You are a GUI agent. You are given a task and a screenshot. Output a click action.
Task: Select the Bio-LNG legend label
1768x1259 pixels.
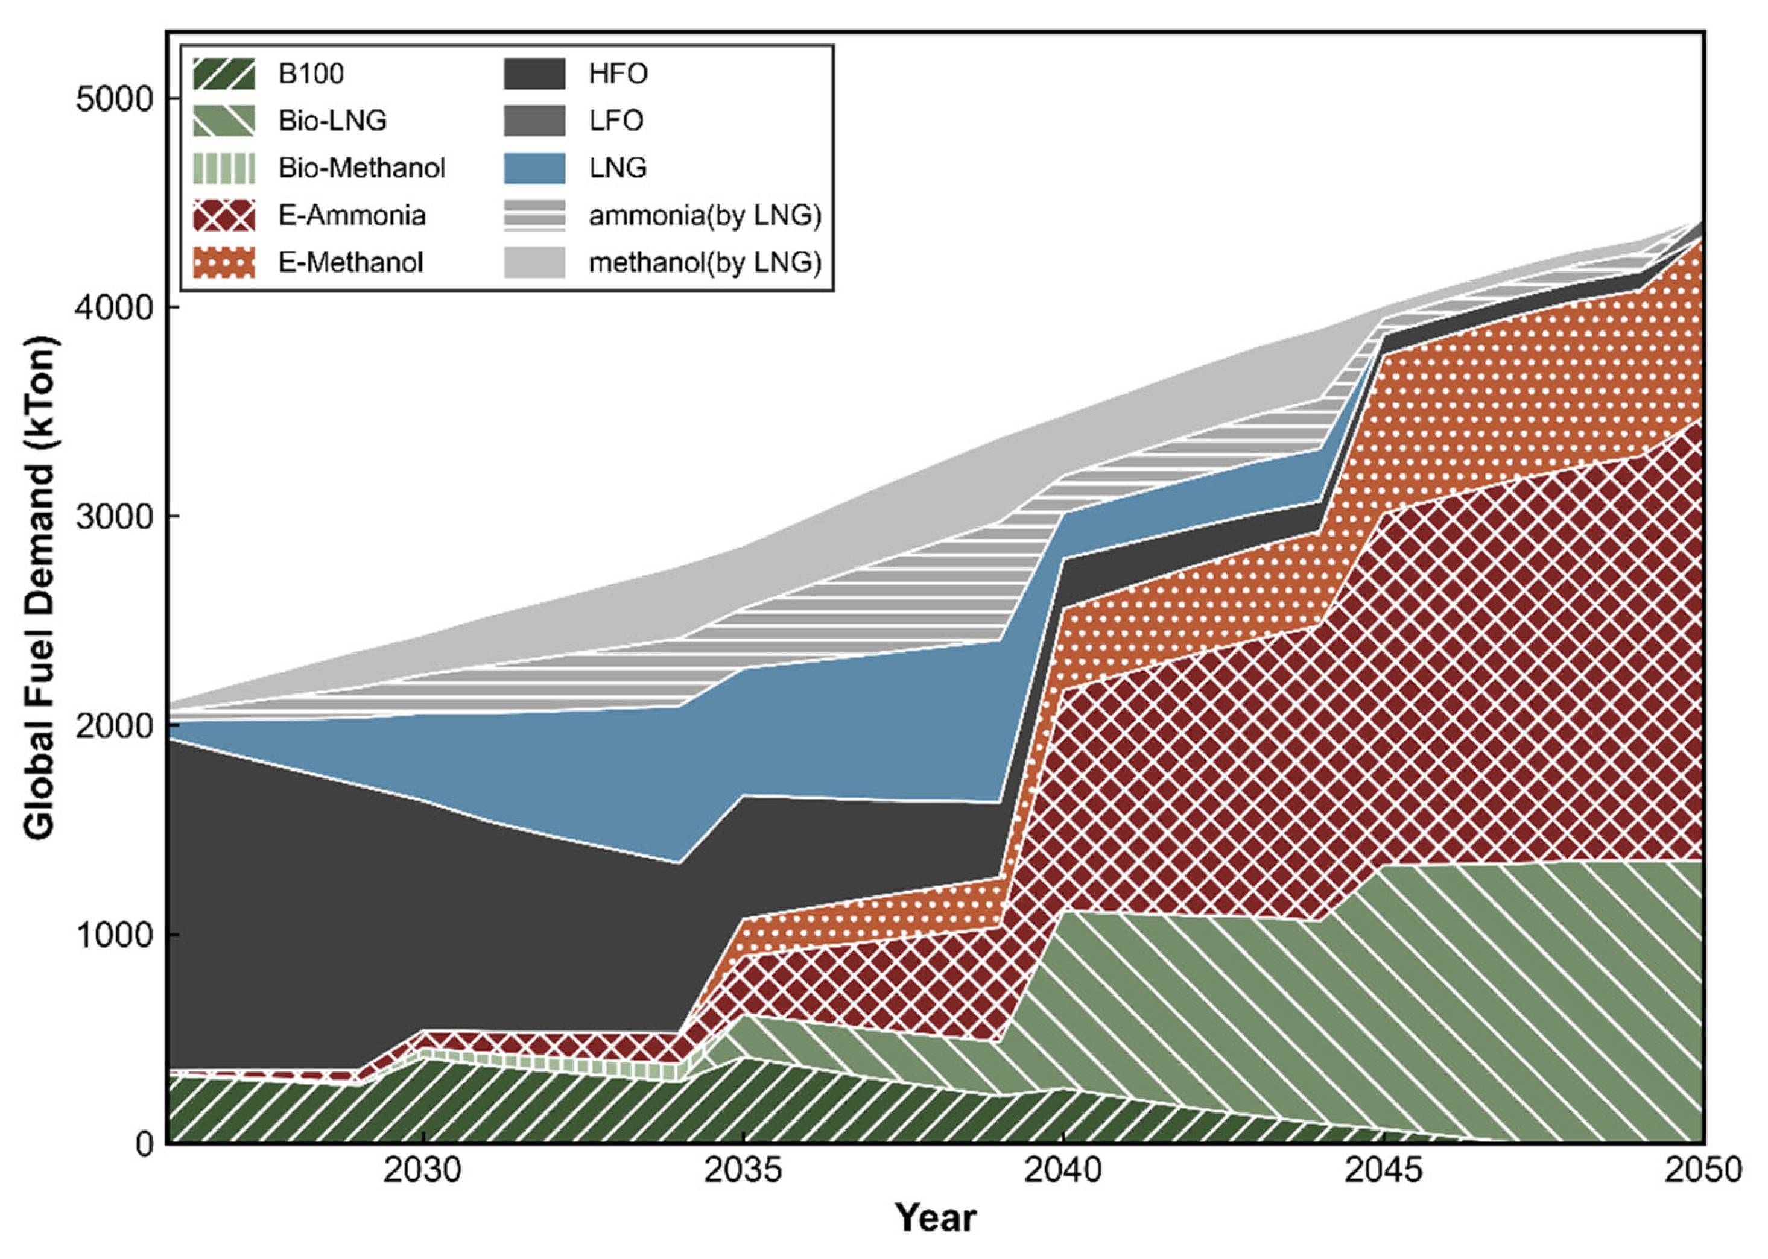tap(332, 121)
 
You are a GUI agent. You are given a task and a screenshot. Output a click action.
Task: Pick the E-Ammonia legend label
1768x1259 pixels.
tap(352, 215)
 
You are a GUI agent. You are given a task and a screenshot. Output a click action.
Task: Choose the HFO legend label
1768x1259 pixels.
tap(618, 74)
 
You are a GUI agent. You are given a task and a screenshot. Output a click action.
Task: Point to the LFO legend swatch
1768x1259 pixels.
tap(534, 121)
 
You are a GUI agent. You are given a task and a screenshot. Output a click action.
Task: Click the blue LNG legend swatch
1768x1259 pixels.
tap(534, 168)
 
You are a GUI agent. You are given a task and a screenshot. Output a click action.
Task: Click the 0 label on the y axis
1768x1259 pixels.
tap(145, 1143)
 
